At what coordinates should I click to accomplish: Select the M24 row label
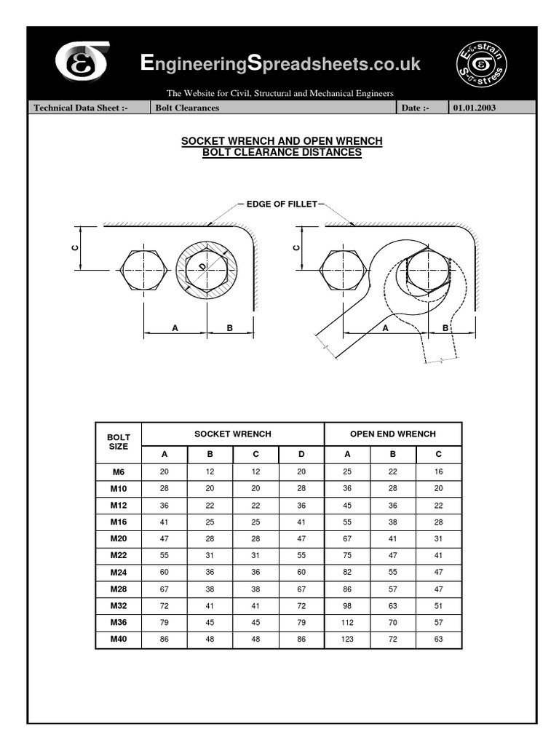point(119,573)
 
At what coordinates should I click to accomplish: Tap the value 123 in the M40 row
point(347,640)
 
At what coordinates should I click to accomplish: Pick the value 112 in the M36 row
point(347,623)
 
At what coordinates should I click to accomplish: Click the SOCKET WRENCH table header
point(233,434)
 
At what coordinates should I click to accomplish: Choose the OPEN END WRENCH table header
point(393,434)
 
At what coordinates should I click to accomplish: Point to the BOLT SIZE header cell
point(119,442)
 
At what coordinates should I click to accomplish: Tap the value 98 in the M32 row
point(347,606)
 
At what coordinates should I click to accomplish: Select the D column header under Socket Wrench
point(301,455)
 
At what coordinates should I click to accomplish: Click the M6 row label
point(119,471)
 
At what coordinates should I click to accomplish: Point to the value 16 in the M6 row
point(438,471)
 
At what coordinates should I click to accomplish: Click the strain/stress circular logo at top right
point(481,63)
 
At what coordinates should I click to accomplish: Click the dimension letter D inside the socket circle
point(202,268)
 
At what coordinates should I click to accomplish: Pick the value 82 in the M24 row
point(347,573)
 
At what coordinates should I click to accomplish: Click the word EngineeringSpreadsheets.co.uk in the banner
point(280,64)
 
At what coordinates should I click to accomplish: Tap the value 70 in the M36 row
point(393,623)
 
